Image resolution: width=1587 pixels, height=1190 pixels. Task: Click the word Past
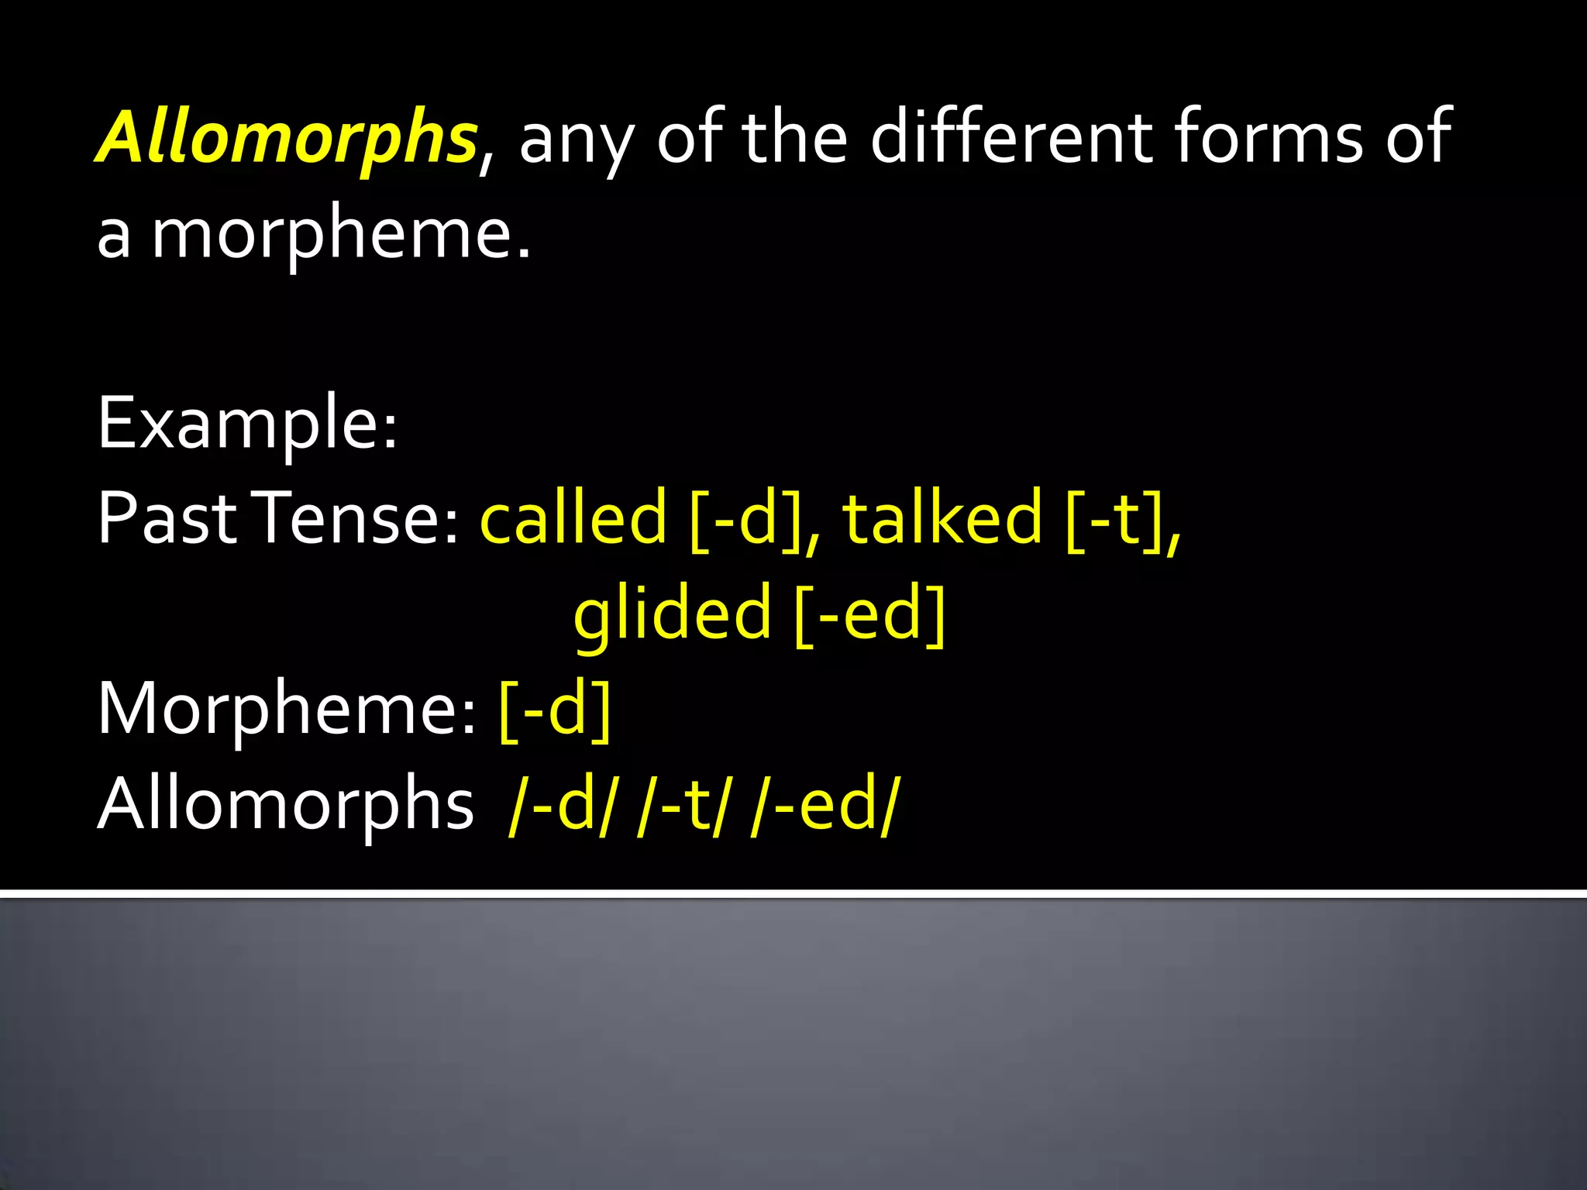point(167,518)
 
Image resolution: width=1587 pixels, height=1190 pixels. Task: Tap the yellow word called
point(573,518)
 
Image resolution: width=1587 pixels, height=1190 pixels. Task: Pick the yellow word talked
point(942,518)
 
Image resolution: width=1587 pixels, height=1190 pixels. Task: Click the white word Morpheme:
point(287,708)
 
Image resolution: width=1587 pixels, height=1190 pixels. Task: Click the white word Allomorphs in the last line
point(285,804)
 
